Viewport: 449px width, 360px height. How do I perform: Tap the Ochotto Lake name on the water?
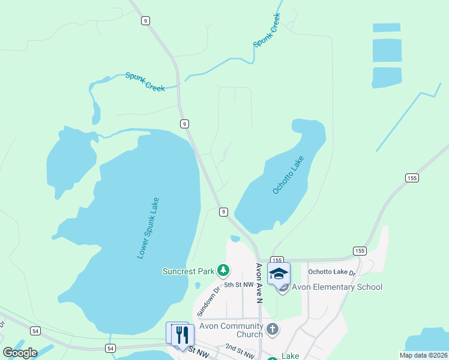(289, 175)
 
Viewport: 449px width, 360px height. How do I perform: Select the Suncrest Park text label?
(188, 271)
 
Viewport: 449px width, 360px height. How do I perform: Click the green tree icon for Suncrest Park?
(223, 271)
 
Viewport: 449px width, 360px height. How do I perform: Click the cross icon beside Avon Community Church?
(273, 329)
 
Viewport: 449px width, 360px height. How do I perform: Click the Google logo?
(20, 353)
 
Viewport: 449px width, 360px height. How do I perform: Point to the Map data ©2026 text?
(423, 355)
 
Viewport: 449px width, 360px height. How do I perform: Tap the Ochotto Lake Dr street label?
(332, 272)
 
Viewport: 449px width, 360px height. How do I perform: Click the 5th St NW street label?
(238, 284)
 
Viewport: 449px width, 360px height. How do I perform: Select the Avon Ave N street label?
(259, 282)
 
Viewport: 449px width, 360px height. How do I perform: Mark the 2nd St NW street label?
(238, 348)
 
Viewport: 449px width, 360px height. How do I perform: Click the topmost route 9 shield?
(146, 20)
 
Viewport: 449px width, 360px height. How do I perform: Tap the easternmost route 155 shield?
(412, 178)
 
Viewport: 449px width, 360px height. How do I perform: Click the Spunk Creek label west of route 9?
(145, 81)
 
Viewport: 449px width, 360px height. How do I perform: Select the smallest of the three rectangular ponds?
(387, 28)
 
